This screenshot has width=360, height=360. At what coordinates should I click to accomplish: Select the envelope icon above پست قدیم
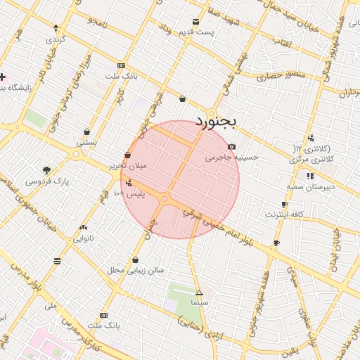coord(196,21)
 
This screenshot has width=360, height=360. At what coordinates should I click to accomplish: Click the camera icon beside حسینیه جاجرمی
coord(232,146)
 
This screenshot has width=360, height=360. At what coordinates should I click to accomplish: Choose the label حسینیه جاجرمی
coord(231,157)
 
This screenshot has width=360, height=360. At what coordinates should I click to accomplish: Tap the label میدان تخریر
coord(127,166)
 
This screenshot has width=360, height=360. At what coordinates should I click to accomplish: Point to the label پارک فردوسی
coord(48,181)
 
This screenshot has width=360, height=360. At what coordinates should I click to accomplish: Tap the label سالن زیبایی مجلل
coord(135,269)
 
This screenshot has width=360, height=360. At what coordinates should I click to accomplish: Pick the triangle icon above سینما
coord(199,292)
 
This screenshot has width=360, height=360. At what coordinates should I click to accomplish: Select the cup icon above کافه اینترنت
coord(284,204)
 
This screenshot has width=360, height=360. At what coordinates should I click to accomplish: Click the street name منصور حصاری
coord(285,74)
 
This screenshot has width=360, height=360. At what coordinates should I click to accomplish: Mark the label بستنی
coord(86,142)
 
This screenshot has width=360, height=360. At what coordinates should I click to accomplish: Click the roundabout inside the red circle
coord(165,200)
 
